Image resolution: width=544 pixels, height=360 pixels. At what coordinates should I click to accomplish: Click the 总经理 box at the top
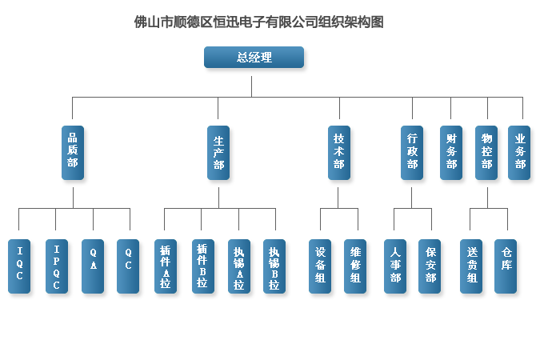[254, 58]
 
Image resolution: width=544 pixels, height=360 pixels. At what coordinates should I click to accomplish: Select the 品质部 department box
[73, 151]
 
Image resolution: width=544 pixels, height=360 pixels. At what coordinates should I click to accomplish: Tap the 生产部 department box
[218, 152]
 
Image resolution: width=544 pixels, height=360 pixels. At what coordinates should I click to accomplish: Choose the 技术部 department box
[339, 152]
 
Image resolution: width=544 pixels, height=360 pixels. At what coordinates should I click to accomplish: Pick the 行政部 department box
[412, 152]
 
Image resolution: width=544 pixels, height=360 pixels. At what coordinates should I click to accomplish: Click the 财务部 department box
[451, 152]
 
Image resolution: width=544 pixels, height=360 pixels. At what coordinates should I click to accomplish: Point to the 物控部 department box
[486, 152]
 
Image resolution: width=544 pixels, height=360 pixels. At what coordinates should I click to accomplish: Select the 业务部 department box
[520, 152]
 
